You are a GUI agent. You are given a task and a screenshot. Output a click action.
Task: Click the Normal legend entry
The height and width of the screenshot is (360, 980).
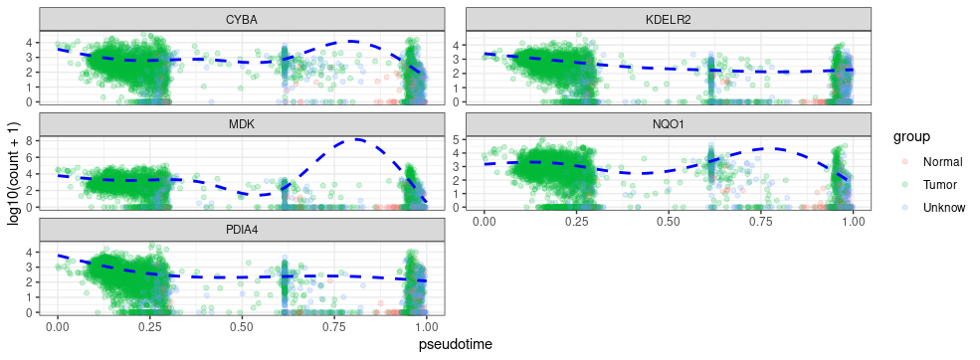[x=941, y=162]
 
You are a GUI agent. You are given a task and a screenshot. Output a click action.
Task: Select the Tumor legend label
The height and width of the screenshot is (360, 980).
[x=940, y=185]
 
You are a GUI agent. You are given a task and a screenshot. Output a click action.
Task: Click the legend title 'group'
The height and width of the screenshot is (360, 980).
[x=911, y=135]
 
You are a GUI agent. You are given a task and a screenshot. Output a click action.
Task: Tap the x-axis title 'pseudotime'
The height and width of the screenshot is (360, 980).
[x=455, y=344]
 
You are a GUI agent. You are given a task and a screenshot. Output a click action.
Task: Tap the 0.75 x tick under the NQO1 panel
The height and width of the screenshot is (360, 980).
[x=760, y=220]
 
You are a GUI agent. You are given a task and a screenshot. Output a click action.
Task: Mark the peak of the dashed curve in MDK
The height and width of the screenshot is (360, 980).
[x=356, y=139]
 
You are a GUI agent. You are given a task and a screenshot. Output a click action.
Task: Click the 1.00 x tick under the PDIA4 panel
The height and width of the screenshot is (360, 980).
[x=427, y=325]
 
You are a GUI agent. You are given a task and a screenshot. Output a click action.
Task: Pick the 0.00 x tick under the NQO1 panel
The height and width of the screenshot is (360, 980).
[x=484, y=220]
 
